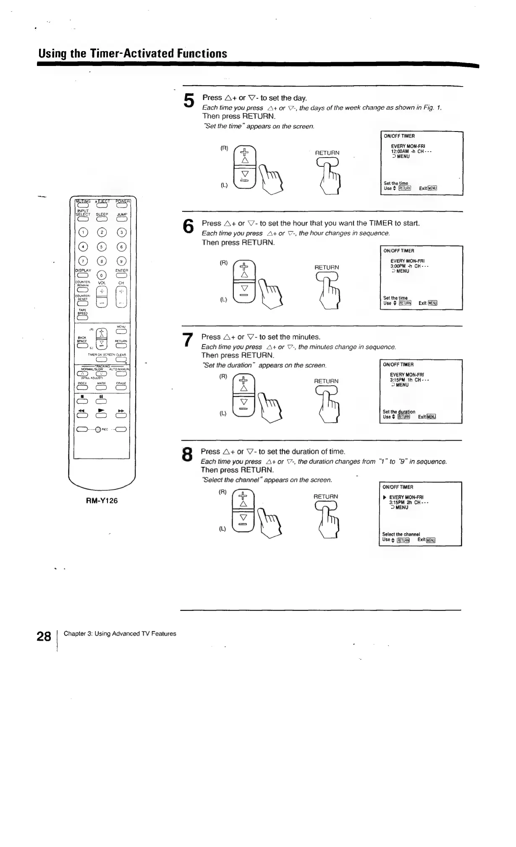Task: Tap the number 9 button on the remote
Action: pos(121,262)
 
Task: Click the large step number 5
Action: pos(189,101)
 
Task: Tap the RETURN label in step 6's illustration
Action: pos(327,267)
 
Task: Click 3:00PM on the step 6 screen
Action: pos(398,266)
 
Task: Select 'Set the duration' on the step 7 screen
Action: pos(399,412)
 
